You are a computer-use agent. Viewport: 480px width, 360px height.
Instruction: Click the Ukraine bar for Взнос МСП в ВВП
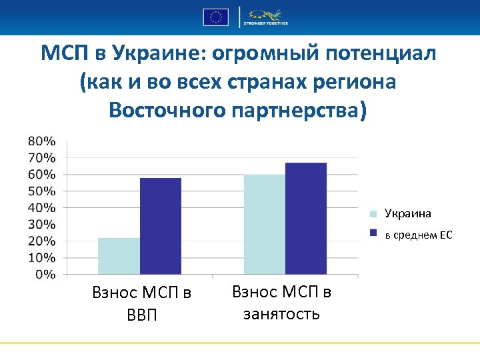[x=119, y=256]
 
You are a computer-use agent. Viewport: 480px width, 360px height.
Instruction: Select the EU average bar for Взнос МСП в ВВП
[x=160, y=226]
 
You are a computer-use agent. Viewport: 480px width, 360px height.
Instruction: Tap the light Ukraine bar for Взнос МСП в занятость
[x=264, y=224]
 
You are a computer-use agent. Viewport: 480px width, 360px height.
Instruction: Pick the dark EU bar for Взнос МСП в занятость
[x=305, y=218]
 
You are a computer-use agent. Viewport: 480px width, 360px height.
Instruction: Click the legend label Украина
[x=407, y=213]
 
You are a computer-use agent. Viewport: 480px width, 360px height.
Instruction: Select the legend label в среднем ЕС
[x=418, y=234]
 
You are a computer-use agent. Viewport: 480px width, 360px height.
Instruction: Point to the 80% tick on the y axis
[x=41, y=141]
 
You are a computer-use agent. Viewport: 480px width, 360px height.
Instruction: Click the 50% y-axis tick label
[x=41, y=191]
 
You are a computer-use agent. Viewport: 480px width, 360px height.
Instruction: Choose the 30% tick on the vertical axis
[x=41, y=224]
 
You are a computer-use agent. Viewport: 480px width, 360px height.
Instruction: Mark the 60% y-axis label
[x=41, y=174]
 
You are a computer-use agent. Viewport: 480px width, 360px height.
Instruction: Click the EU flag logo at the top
[x=216, y=17]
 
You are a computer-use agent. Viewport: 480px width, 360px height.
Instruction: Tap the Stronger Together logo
[x=266, y=17]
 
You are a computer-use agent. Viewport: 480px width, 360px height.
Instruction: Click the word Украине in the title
[x=147, y=53]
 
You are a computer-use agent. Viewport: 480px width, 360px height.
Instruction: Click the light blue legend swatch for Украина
[x=374, y=214]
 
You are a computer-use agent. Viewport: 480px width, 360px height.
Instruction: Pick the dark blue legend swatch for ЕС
[x=374, y=234]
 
